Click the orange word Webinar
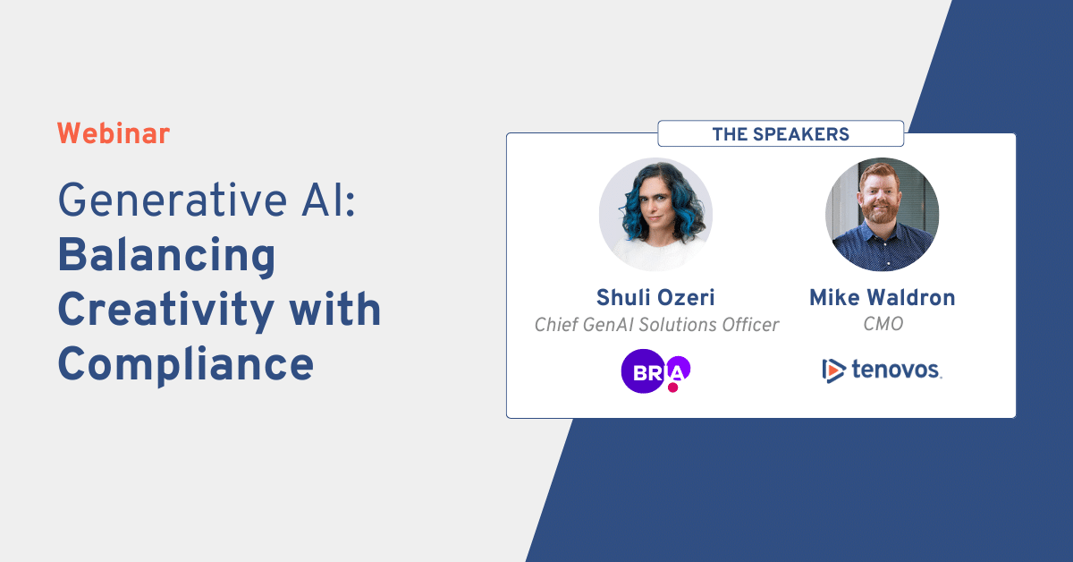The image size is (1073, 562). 113,134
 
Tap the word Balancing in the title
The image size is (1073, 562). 166,256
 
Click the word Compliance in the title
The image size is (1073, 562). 186,363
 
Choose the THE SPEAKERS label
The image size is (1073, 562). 780,134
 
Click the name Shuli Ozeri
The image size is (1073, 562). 655,298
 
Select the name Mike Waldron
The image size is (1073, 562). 882,298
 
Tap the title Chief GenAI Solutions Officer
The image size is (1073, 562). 656,325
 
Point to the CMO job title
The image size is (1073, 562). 883,324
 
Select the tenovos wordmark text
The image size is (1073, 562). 895,369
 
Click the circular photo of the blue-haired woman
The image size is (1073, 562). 655,215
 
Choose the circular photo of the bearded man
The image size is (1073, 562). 882,215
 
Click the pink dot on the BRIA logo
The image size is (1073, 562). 673,387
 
